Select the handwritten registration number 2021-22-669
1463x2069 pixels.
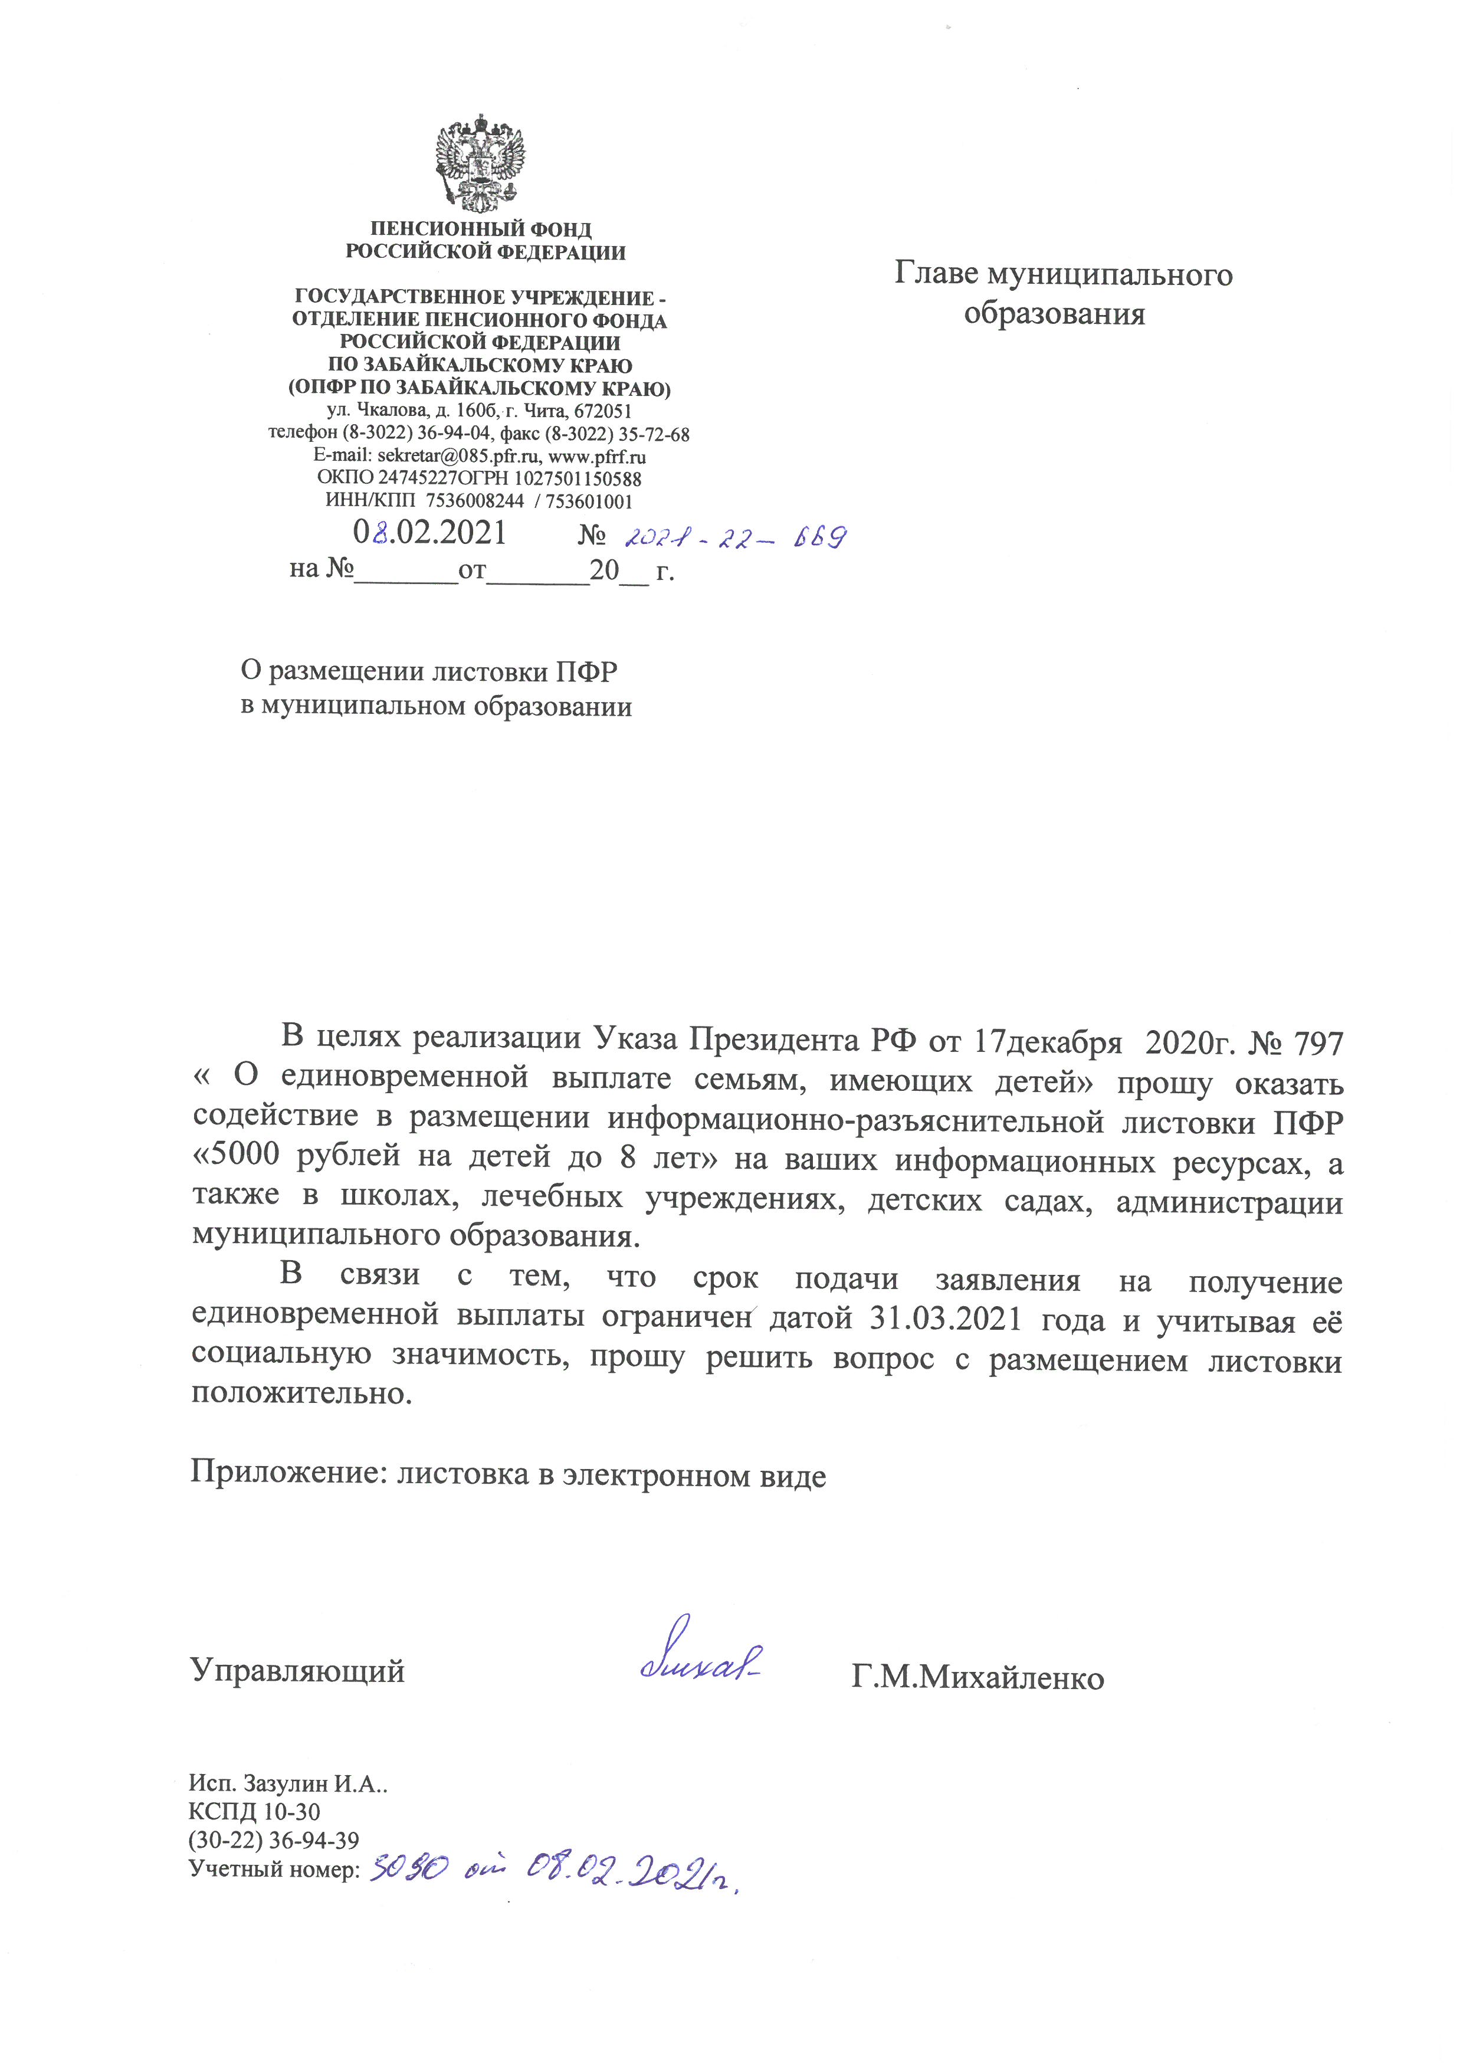[735, 538]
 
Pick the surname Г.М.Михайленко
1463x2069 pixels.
[977, 1678]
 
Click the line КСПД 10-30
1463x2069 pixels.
[254, 1811]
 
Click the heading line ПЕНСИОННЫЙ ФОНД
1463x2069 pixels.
[481, 229]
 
